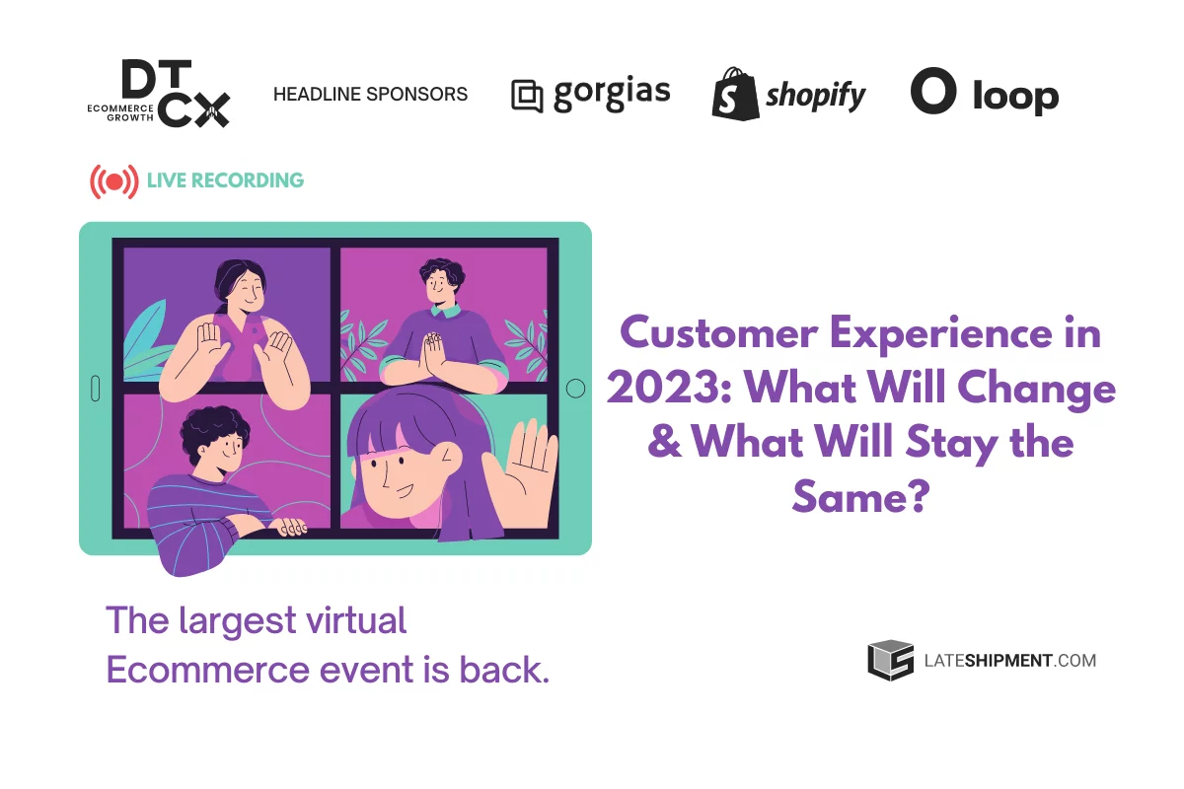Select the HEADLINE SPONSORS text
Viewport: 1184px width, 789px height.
point(370,95)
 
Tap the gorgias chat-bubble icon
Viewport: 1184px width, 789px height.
point(528,96)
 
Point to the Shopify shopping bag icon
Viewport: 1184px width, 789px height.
point(734,94)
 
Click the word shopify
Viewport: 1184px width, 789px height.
point(816,96)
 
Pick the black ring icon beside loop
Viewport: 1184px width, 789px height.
point(933,92)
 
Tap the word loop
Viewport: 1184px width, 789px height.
point(1015,96)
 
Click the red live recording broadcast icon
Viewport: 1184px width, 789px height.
point(114,181)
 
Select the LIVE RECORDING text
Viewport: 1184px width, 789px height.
point(225,180)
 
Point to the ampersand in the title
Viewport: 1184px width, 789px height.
point(665,443)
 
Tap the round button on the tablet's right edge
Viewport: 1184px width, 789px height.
point(575,390)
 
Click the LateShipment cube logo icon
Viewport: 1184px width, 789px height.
point(890,661)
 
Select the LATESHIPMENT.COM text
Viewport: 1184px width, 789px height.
point(1009,661)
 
